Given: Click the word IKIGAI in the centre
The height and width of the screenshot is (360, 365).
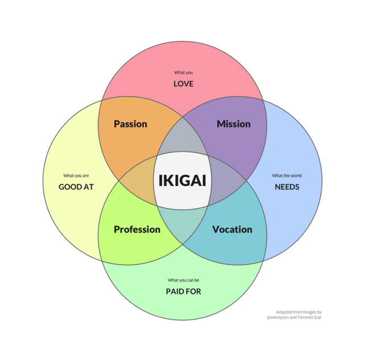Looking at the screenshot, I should pos(182,181).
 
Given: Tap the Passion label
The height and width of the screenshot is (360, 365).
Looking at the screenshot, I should pos(130,124).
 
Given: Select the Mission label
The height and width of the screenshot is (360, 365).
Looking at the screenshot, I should pos(233,124).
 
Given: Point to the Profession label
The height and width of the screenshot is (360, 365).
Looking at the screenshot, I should pos(137,229).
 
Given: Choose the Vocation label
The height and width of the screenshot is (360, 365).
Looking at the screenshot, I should pos(232,229).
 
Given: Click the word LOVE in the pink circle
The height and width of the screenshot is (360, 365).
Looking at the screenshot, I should pos(183,84).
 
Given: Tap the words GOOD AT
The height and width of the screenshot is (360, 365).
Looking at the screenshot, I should pos(76,187).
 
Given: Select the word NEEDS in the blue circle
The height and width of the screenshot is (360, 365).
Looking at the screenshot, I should pos(287,187).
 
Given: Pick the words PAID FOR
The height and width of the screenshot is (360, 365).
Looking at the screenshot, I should pos(183,291).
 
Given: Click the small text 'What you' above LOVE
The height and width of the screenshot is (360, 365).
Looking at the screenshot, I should pos(183,72).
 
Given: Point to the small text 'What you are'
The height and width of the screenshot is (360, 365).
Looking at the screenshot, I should pos(76,176).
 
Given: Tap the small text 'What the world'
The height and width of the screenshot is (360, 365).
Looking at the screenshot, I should pos(287,176).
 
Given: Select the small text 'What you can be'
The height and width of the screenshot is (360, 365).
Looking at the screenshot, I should pos(183,280).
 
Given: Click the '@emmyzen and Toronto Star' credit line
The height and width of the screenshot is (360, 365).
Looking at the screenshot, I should pos(294,317).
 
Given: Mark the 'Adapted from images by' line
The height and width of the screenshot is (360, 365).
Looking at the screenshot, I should pos(298,312).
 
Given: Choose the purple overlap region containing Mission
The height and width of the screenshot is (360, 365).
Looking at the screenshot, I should pos(239,145).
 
